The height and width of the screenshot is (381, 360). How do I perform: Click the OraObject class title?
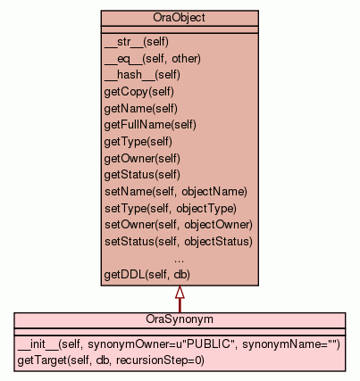click(x=179, y=18)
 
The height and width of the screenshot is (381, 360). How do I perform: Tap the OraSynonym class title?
click(x=180, y=319)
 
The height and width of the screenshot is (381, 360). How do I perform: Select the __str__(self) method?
click(x=137, y=42)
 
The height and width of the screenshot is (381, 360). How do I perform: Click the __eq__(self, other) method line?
click(x=153, y=59)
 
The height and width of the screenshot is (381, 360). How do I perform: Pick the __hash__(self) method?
click(x=142, y=75)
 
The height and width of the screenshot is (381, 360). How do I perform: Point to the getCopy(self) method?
click(x=139, y=92)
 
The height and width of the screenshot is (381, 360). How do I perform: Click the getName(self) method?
click(x=141, y=109)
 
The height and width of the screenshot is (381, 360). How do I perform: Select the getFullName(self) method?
click(x=150, y=125)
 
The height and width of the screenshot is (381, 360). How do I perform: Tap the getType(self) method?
click(x=138, y=142)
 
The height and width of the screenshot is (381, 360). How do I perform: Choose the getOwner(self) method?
click(x=142, y=158)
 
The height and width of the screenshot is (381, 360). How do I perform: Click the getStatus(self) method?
click(x=142, y=175)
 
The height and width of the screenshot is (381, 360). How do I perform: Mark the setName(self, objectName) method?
click(x=176, y=192)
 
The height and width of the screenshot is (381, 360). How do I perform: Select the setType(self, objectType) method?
click(x=171, y=208)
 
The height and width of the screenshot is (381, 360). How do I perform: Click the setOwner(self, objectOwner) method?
click(x=179, y=225)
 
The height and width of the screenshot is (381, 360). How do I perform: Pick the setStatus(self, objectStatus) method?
click(x=179, y=241)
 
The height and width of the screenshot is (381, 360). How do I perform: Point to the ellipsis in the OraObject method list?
click(x=179, y=261)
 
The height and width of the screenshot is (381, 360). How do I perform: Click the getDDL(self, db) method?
click(x=147, y=274)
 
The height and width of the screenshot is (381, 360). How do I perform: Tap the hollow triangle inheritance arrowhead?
click(x=180, y=292)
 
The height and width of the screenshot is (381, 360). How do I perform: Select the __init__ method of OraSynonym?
click(x=179, y=344)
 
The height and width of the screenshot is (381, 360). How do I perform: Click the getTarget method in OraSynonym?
click(x=111, y=360)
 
